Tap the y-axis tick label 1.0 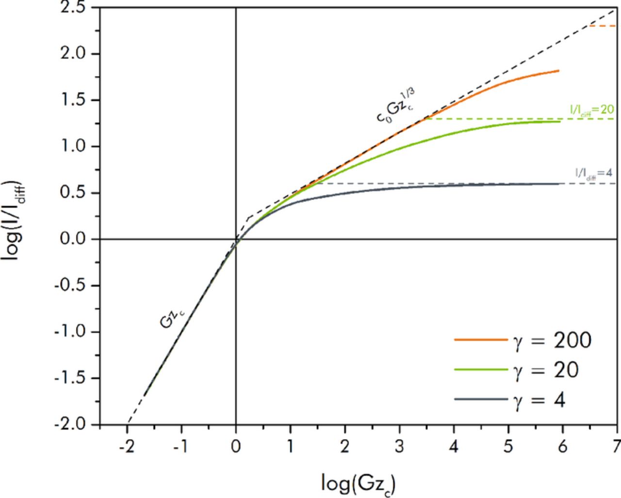[74, 147]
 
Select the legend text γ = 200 [552, 340]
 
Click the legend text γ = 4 [539, 400]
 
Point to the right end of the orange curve [558, 71]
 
